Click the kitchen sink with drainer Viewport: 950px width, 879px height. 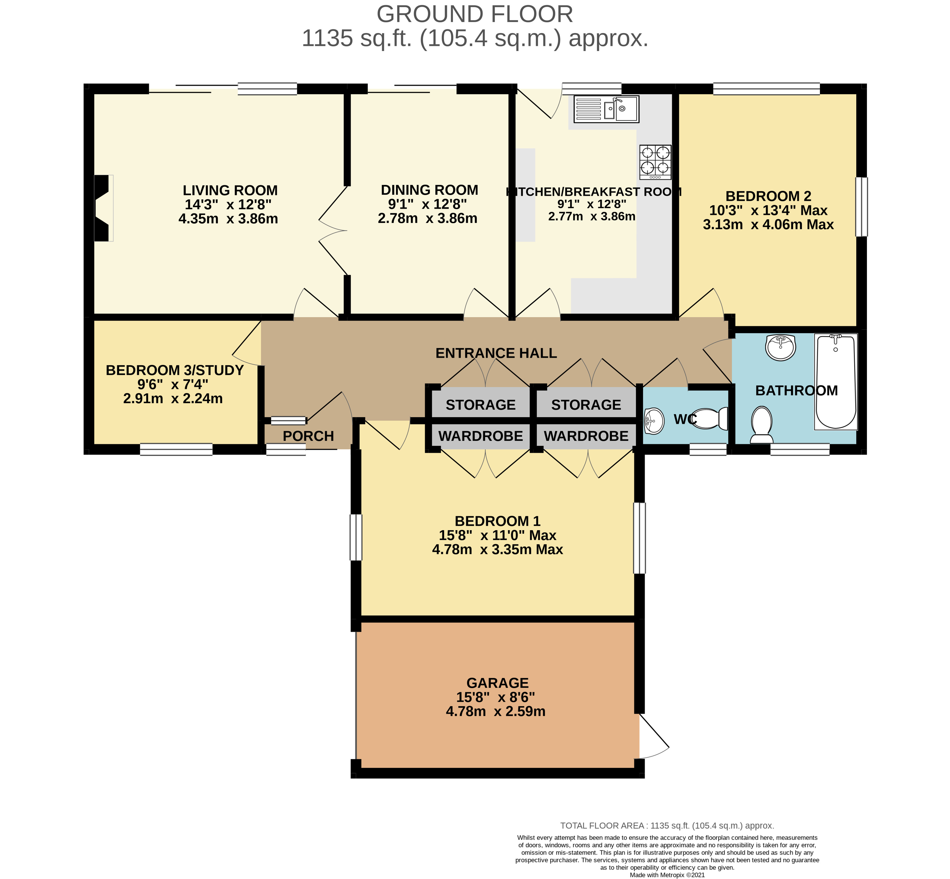[606, 109]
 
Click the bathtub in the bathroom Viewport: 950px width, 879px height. [836, 381]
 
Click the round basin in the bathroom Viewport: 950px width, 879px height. [781, 347]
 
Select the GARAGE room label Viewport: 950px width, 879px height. [497, 683]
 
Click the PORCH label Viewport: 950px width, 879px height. [308, 436]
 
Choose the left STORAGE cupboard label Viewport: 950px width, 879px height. [480, 405]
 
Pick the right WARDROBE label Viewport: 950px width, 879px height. [586, 436]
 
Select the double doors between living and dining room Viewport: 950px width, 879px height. [333, 231]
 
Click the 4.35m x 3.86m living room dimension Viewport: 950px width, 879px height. [228, 219]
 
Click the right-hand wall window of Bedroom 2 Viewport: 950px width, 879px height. [862, 207]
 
